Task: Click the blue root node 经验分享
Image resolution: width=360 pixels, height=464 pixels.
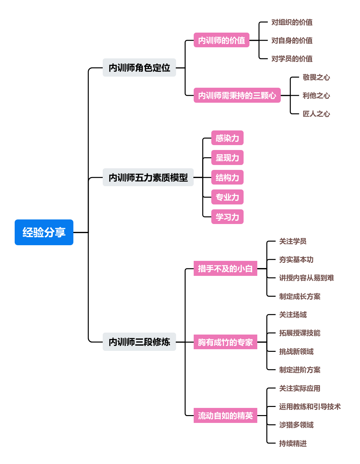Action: coord(44,232)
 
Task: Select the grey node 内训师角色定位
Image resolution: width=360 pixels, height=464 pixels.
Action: coord(139,67)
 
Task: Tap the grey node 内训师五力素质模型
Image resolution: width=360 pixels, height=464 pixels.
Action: coord(148,177)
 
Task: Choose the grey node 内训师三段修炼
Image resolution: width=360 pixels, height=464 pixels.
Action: coord(139,342)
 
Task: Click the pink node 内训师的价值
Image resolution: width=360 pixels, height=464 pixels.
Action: coord(221,40)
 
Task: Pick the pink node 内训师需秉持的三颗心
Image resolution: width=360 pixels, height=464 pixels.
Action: coord(237,95)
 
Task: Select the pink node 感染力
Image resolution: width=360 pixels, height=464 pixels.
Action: coord(227,138)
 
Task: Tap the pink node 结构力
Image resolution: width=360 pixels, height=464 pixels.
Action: coord(227,177)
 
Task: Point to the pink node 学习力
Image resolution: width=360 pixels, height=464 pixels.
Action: coord(227,217)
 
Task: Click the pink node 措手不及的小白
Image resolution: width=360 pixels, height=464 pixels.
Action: coord(225,268)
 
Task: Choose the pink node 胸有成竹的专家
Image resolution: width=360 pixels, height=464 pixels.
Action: coord(225,342)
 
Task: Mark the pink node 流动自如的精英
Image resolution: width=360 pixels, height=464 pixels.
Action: coord(225,415)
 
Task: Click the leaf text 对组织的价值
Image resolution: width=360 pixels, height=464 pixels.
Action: coord(292,22)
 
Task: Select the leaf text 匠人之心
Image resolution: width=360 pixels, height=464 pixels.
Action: coord(316,114)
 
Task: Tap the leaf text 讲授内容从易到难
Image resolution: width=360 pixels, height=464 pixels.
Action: coord(306,278)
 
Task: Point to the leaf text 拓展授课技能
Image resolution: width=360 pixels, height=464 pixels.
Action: coord(299,333)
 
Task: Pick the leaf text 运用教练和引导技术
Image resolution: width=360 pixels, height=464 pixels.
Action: coord(309,407)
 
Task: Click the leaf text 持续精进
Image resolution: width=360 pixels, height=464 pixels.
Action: coord(292,443)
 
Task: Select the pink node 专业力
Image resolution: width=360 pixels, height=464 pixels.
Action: coord(227,197)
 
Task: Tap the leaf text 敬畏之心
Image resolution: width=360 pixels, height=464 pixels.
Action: coord(316,77)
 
